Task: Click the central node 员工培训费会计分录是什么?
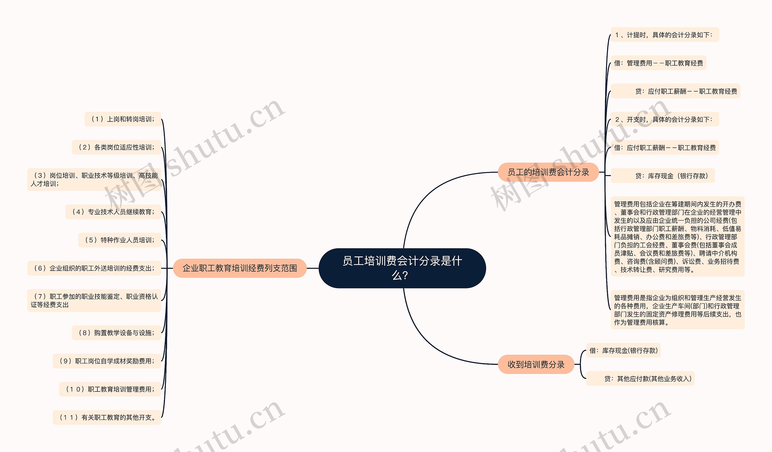coord(402,268)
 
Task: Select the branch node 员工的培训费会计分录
coord(548,172)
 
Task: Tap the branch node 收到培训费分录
coord(536,365)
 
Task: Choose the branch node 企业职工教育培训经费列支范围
coord(239,268)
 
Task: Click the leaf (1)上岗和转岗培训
coord(123,119)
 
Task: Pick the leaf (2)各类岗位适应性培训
coord(116,147)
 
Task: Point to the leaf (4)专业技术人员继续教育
coord(113,212)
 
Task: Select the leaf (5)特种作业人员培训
coord(120,240)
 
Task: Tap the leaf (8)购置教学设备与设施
coord(116,333)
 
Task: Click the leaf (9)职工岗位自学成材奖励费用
coord(107,361)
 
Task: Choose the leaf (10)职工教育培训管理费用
coord(110,389)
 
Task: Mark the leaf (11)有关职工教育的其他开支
coord(107,417)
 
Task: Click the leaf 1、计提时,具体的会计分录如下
coord(664,35)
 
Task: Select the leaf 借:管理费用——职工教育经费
coord(658,63)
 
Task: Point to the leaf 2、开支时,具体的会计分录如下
coord(664,119)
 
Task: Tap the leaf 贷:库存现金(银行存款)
coord(663,176)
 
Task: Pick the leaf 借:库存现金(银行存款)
coord(623,350)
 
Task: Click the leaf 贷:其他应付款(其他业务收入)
coord(640,378)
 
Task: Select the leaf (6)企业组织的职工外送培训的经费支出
coord(94,268)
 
